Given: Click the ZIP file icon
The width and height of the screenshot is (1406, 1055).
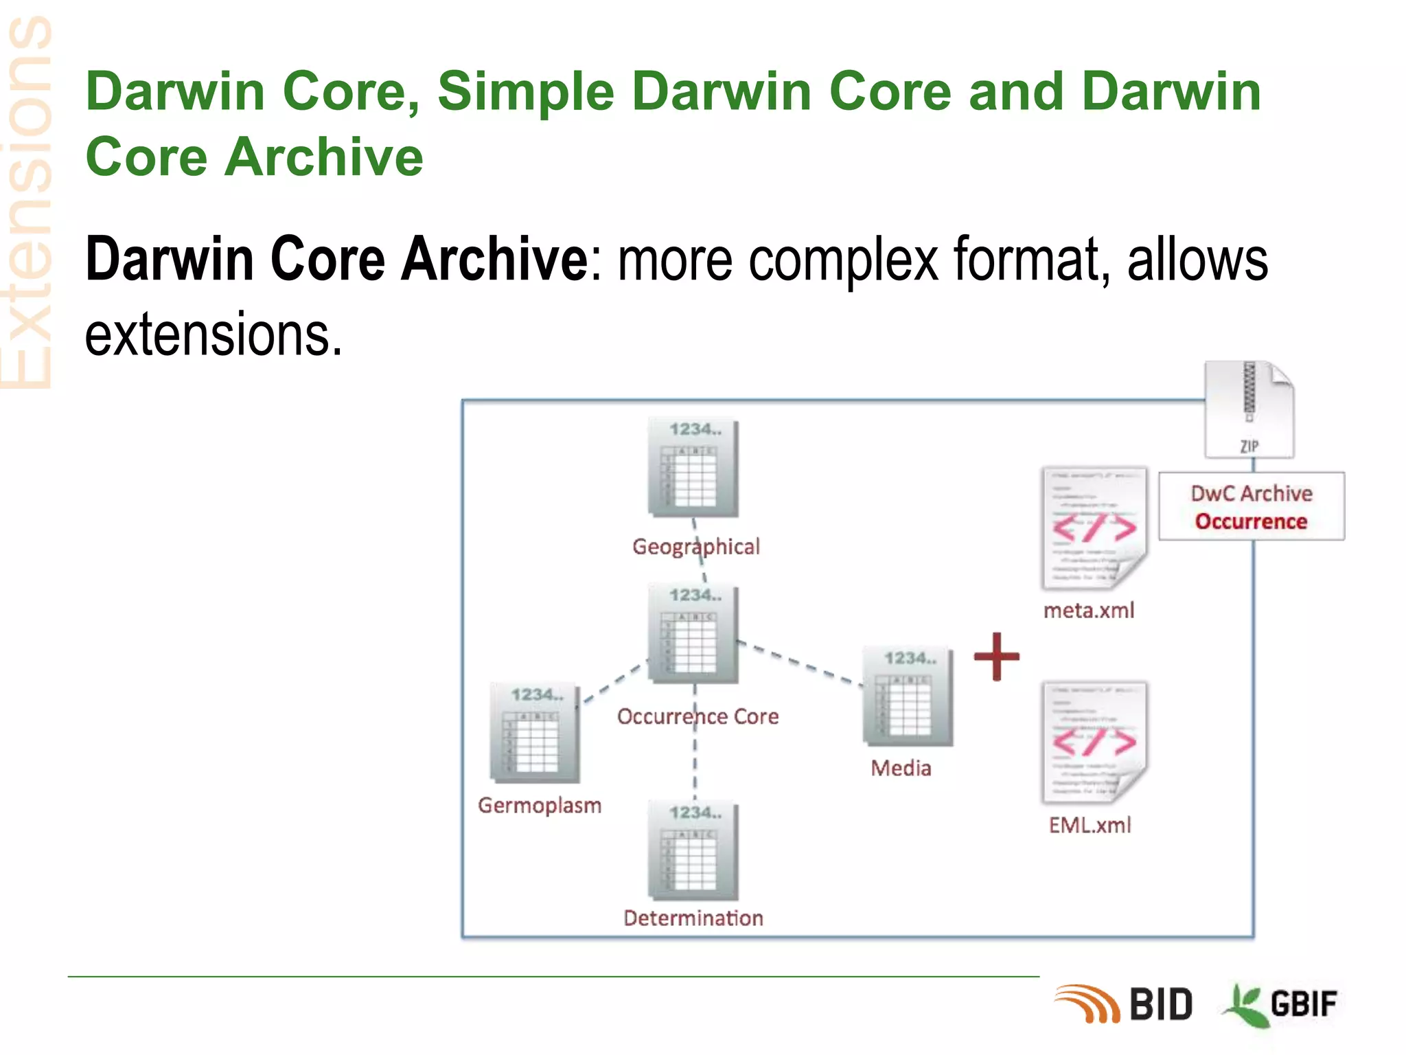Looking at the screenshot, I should (x=1249, y=409).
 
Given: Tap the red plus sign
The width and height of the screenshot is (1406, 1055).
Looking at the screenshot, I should (x=996, y=657).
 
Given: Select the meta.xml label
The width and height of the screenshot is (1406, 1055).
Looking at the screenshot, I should (x=1089, y=610).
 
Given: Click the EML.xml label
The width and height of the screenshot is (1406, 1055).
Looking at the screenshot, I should (x=1090, y=825).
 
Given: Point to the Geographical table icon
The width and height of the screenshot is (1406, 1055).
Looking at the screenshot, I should (x=693, y=468).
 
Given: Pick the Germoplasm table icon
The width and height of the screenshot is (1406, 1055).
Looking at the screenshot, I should (x=535, y=734).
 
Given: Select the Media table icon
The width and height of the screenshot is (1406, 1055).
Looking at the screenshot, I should (x=908, y=696).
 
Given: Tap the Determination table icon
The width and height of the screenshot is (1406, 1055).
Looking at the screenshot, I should (x=693, y=852).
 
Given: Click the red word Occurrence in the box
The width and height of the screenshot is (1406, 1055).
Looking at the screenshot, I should (x=1251, y=521).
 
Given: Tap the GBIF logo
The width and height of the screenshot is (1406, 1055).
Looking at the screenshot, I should (x=1281, y=1005).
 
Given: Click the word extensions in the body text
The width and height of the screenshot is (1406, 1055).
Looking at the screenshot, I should (x=214, y=335).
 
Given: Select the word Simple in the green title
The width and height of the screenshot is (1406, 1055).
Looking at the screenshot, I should (x=525, y=91).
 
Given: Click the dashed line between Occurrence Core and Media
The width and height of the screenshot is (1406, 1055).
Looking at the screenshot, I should (x=800, y=662).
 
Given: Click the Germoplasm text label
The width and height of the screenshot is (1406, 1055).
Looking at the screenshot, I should (x=540, y=805).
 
